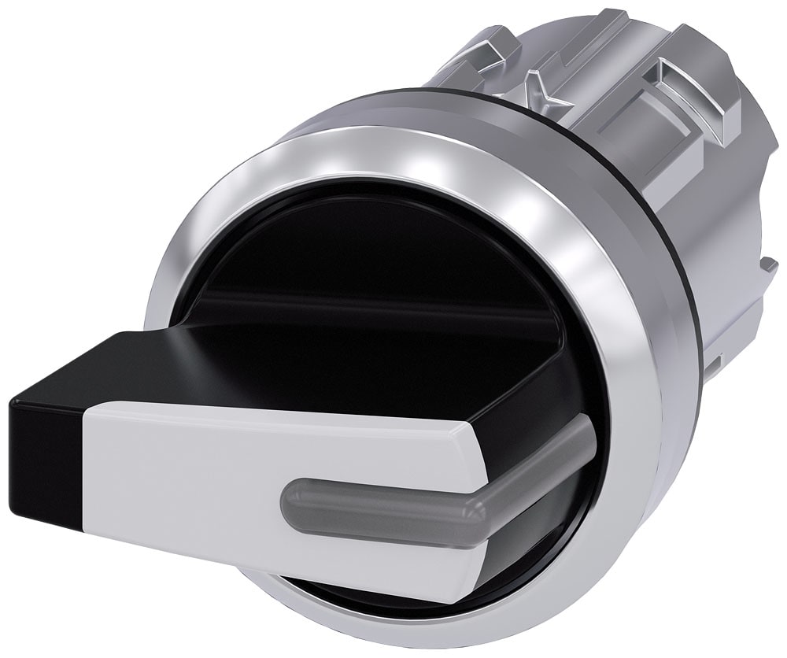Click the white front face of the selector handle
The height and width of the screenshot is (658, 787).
pos(197,488)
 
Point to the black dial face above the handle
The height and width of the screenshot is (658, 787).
pos(354,260)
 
